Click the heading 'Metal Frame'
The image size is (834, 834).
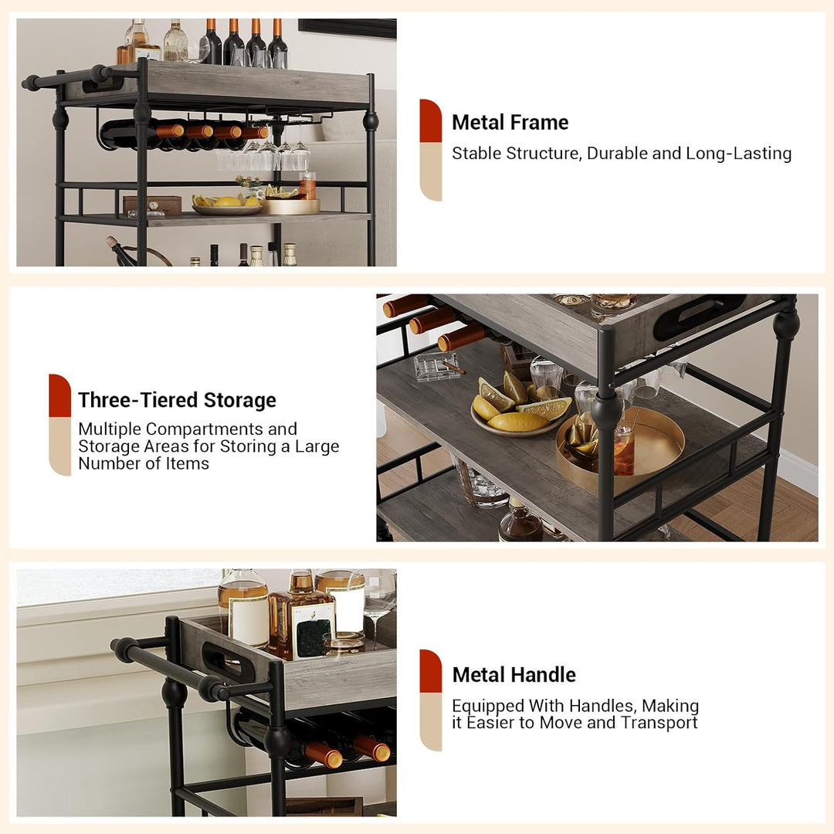click(x=510, y=122)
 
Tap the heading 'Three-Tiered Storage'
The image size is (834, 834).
click(x=177, y=400)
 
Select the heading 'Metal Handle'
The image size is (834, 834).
click(x=514, y=674)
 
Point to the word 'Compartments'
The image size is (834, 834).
click(x=204, y=429)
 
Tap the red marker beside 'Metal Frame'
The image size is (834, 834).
click(x=430, y=120)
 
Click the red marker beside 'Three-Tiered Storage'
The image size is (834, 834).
click(x=59, y=395)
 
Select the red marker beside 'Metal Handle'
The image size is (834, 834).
click(x=430, y=671)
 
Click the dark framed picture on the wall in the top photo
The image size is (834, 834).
click(x=347, y=28)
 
